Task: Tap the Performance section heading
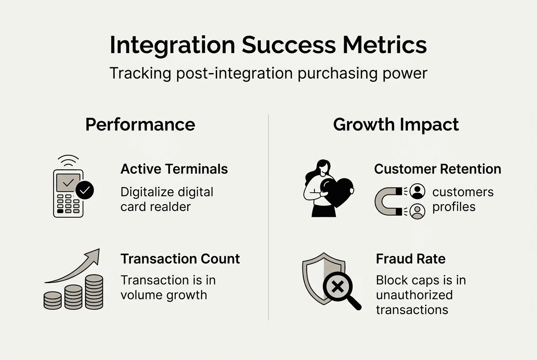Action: click(x=140, y=125)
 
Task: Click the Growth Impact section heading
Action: click(x=396, y=125)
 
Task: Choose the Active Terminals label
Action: click(x=174, y=169)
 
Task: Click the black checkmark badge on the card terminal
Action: click(x=85, y=191)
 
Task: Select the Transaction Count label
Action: click(x=180, y=259)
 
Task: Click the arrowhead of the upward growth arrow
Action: click(x=94, y=255)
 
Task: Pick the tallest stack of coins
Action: click(x=94, y=292)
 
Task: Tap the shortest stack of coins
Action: click(x=53, y=300)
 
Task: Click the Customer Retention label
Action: click(x=438, y=169)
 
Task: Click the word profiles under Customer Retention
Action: click(x=454, y=207)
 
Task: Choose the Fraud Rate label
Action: click(x=410, y=259)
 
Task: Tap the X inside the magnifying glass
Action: click(x=338, y=287)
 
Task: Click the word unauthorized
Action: click(x=414, y=295)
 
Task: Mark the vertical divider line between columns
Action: click(x=268, y=217)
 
